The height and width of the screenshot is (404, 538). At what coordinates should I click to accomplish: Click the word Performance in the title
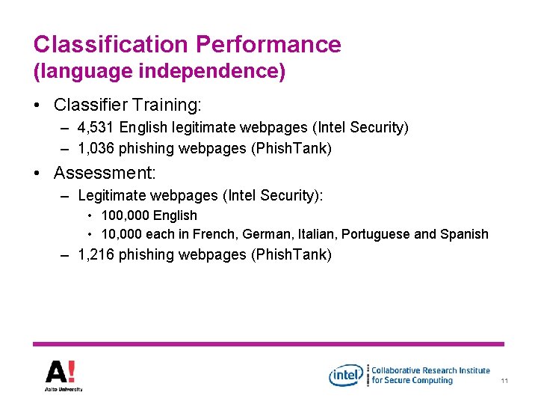tap(268, 44)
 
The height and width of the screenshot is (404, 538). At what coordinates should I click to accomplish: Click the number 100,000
tap(125, 215)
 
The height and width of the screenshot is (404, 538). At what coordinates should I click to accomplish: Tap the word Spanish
tap(463, 234)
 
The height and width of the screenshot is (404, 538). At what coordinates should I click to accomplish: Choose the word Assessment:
tap(104, 174)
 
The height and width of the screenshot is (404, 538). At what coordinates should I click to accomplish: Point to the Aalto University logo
tap(63, 375)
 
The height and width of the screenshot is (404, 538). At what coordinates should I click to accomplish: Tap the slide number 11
tap(504, 382)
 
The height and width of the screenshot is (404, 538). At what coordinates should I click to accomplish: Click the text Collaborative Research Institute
tap(430, 370)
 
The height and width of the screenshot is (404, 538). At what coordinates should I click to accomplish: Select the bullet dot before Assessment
tap(38, 174)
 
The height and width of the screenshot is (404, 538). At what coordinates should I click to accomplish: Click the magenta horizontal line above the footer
tap(268, 343)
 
